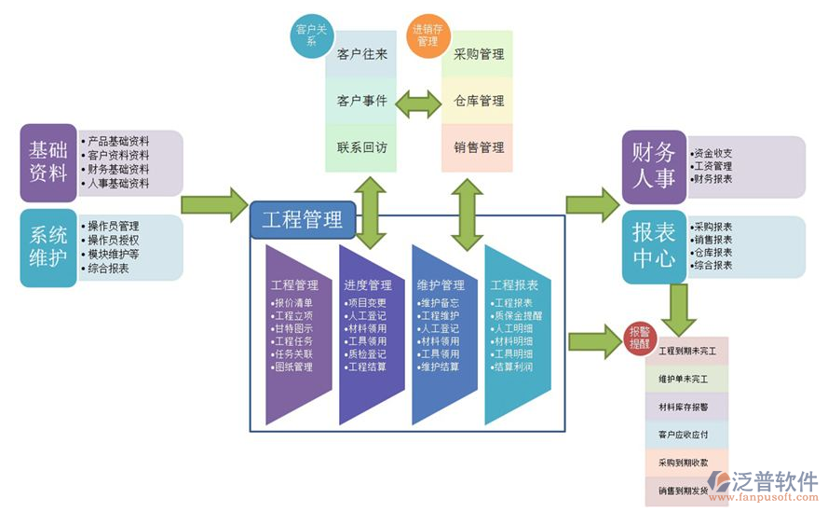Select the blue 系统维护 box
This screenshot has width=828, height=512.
pyautogui.click(x=48, y=247)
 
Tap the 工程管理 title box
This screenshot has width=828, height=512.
pyautogui.click(x=302, y=221)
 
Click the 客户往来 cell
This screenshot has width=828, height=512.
pyautogui.click(x=362, y=54)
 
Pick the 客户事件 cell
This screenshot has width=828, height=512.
pyautogui.click(x=362, y=101)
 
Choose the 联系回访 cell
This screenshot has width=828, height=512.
pyautogui.click(x=362, y=147)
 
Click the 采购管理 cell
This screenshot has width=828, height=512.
pyautogui.click(x=478, y=54)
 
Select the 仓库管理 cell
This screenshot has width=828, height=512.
pyautogui.click(x=478, y=101)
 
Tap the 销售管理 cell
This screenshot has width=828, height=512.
pyautogui.click(x=478, y=147)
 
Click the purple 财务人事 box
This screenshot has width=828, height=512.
pyautogui.click(x=653, y=166)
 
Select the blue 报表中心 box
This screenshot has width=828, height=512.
pyautogui.click(x=653, y=245)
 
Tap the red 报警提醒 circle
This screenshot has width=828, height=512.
pyautogui.click(x=639, y=338)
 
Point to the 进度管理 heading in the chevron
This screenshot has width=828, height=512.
pyautogui.click(x=367, y=285)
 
